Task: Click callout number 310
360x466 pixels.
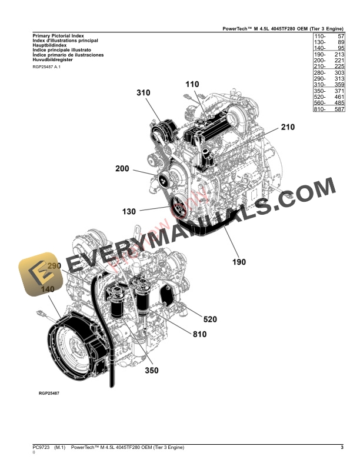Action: coord(144,93)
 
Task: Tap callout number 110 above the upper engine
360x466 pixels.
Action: coord(192,85)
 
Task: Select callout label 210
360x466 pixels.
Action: coord(288,127)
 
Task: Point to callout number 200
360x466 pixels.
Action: coord(122,169)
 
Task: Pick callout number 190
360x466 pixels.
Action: coord(238,262)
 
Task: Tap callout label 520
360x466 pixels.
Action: coord(210,319)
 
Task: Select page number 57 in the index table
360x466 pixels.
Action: coord(341,36)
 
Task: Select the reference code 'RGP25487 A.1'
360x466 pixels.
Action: coord(46,67)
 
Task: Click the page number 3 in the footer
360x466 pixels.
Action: coord(342,448)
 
